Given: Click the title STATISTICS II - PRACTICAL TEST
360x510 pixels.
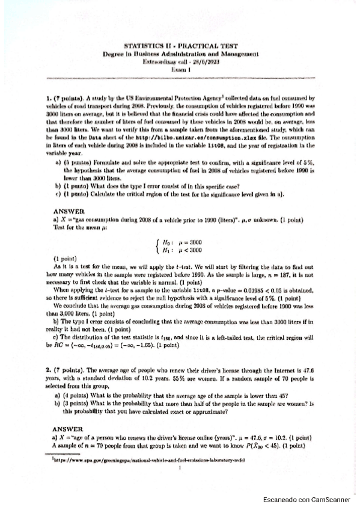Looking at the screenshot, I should pyautogui.click(x=190, y=46).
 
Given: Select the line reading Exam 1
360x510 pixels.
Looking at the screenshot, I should pyautogui.click(x=190, y=69).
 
